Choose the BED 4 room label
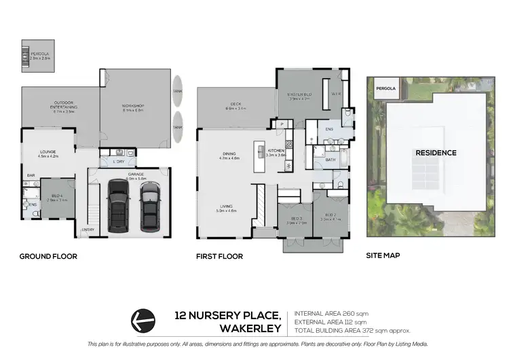point(58,197)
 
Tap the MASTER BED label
point(298,94)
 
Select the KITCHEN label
point(275,149)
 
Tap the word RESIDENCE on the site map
point(436,153)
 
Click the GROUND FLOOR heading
point(48,257)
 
